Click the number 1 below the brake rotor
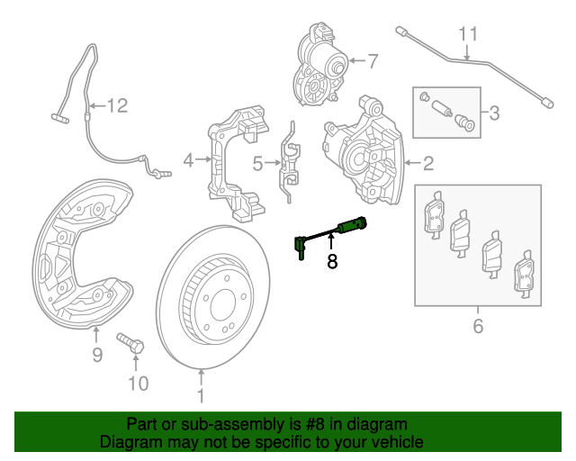pos(201,395)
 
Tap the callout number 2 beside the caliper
pos(428,163)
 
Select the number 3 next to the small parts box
pos(492,113)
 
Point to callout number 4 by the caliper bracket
pos(188,160)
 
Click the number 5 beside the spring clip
pos(257,163)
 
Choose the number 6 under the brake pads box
pos(478,325)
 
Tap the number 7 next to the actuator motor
pos(373,61)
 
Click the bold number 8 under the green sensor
pos(331,261)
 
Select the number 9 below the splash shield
pos(97,355)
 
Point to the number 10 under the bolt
pos(136,385)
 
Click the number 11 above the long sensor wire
pos(466,35)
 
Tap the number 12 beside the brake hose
pos(118,106)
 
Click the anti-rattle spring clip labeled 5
pos(290,162)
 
